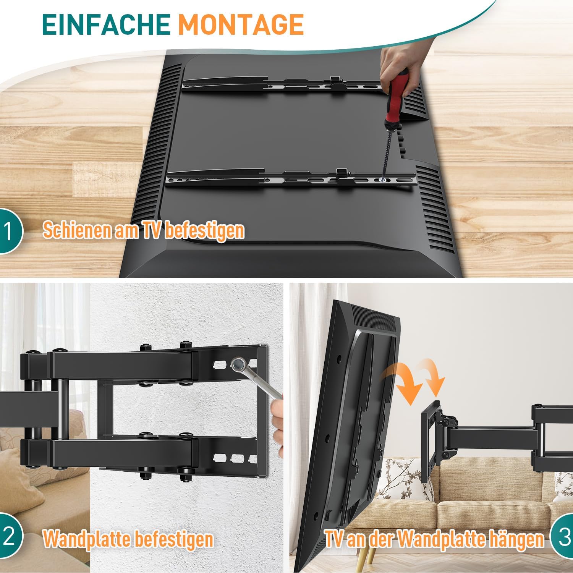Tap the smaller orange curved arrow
(432, 374)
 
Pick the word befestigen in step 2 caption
(174, 539)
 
